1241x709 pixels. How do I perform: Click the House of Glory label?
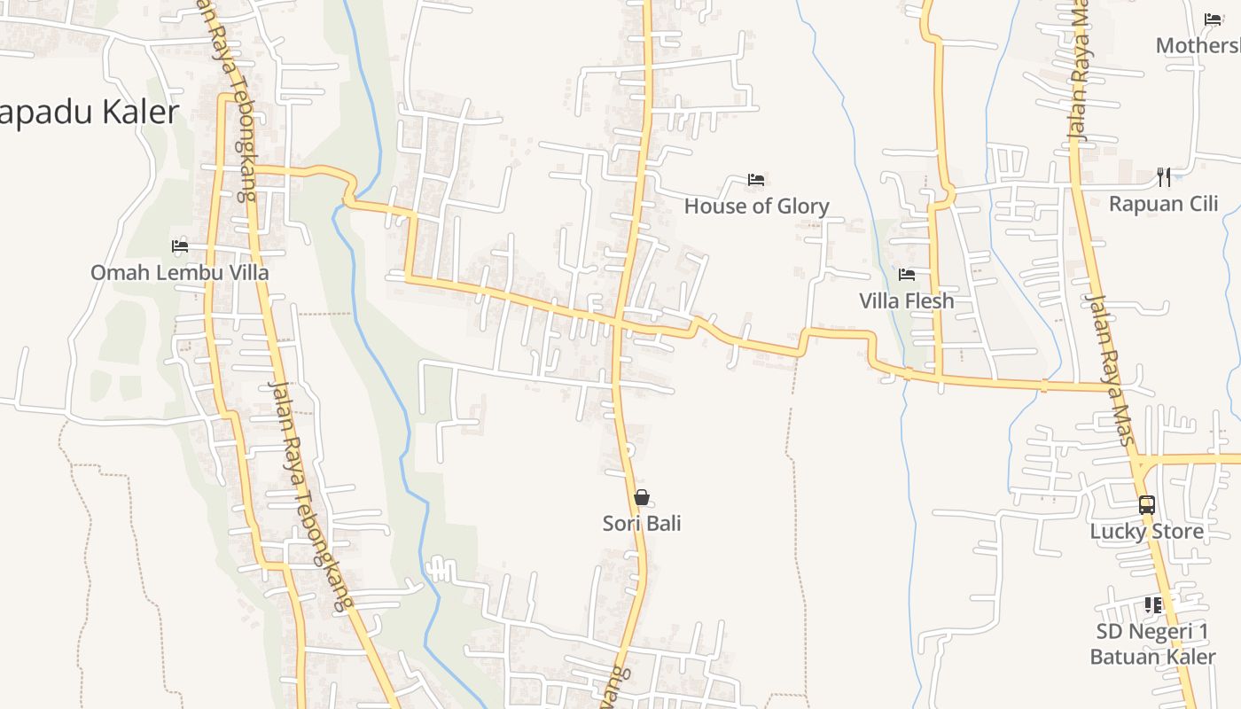pyautogui.click(x=756, y=206)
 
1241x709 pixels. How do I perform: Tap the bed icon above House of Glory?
pyautogui.click(x=755, y=180)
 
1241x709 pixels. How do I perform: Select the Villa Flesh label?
pyautogui.click(x=906, y=301)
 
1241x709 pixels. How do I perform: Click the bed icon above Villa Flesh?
pyautogui.click(x=906, y=275)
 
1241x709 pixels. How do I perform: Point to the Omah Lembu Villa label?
pyautogui.click(x=179, y=272)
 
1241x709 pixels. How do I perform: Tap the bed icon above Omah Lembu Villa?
pyautogui.click(x=180, y=245)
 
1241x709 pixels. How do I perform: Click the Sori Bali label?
pyautogui.click(x=642, y=524)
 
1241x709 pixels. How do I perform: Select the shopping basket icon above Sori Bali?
pyautogui.click(x=642, y=497)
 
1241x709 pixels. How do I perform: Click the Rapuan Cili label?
pyautogui.click(x=1163, y=204)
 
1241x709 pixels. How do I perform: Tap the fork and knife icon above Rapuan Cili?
pyautogui.click(x=1164, y=177)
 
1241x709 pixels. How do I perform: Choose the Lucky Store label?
pyautogui.click(x=1146, y=532)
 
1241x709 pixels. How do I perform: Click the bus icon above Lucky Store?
pyautogui.click(x=1146, y=505)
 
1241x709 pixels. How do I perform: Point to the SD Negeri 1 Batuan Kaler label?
pyautogui.click(x=1152, y=644)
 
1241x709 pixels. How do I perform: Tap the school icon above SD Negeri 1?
pyautogui.click(x=1152, y=605)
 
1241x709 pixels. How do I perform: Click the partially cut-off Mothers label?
pyautogui.click(x=1198, y=45)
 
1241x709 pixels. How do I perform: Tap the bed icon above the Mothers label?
pyautogui.click(x=1213, y=19)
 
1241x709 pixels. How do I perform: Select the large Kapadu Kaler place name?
pyautogui.click(x=89, y=113)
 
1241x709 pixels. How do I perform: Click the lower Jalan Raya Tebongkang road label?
pyautogui.click(x=305, y=496)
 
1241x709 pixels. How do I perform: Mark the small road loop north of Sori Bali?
pyautogui.click(x=628, y=449)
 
